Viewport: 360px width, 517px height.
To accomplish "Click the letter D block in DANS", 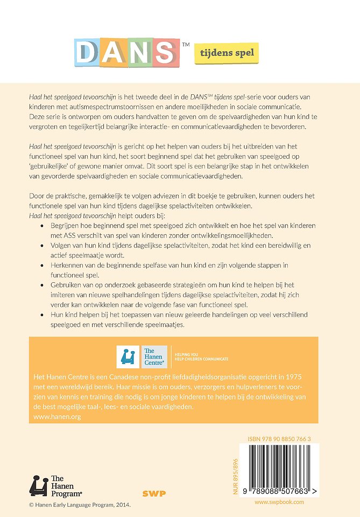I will (x=87, y=53).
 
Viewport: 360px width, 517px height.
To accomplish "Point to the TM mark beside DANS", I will (x=186, y=45).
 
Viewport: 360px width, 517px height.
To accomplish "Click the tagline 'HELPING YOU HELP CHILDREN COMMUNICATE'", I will (x=202, y=357).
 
